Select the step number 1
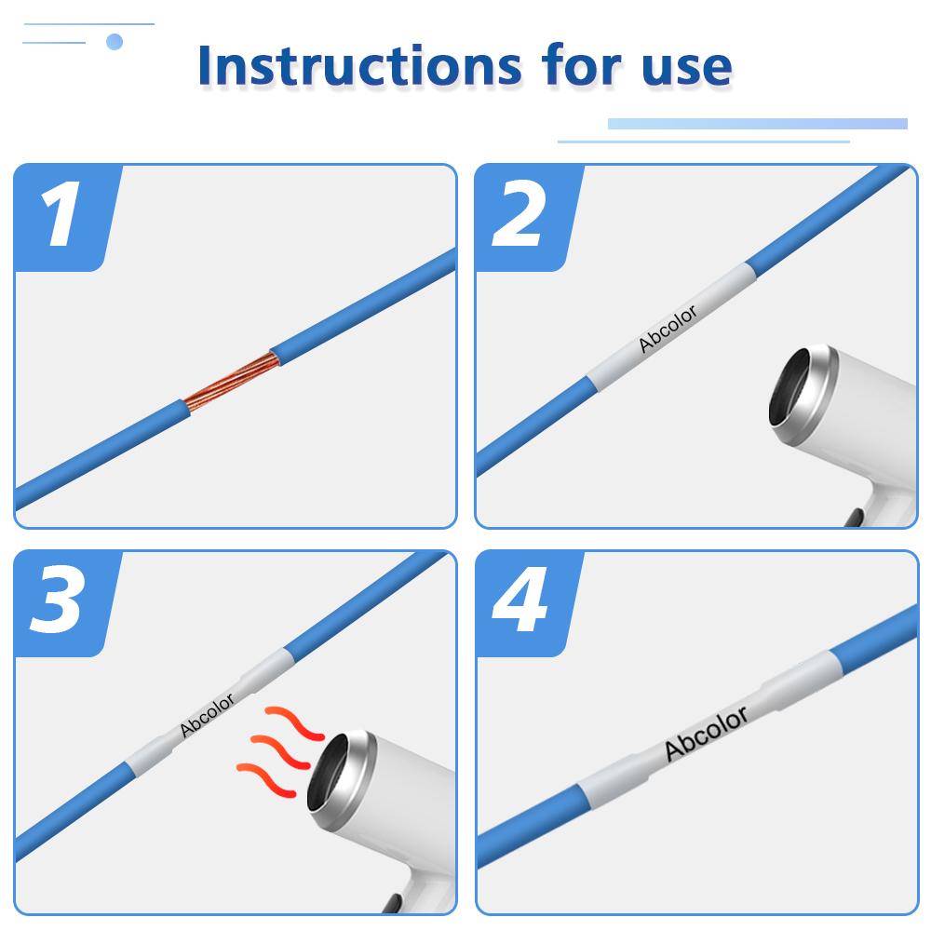(x=61, y=218)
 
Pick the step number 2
(x=519, y=218)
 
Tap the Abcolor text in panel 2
(x=668, y=328)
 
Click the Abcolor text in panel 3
(x=207, y=715)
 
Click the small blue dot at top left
(x=115, y=41)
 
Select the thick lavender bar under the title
(x=757, y=124)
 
